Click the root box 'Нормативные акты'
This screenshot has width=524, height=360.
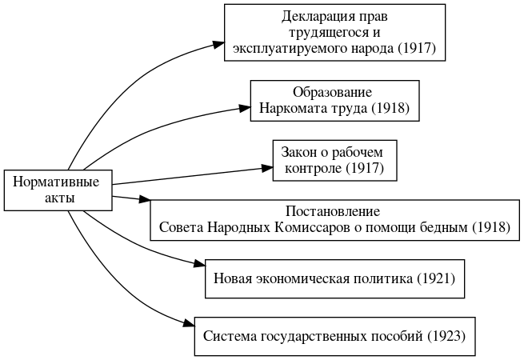[x=57, y=190]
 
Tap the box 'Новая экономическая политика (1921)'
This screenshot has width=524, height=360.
[x=335, y=278]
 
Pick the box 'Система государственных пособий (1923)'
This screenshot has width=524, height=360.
[x=335, y=336]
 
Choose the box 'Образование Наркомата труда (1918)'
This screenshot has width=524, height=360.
[x=334, y=100]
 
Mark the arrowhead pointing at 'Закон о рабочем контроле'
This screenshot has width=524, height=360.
[x=268, y=166]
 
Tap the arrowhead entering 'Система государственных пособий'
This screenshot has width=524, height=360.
[x=190, y=324]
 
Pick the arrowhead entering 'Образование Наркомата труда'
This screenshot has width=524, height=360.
[x=245, y=106]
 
